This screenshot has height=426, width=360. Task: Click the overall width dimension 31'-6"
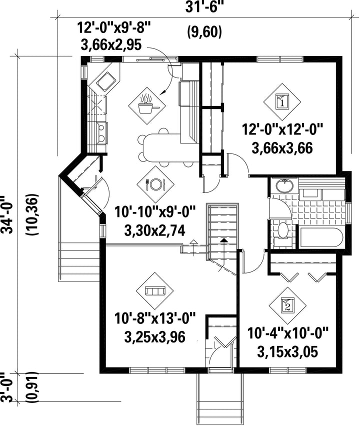(206, 7)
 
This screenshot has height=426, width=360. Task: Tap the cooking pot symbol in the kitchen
(146, 105)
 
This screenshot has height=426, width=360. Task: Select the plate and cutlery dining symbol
(155, 184)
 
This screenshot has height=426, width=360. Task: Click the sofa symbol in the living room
(155, 291)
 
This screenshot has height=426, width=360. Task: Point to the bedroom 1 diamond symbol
(282, 102)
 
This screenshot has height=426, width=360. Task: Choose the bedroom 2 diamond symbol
(287, 305)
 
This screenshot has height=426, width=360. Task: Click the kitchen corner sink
(107, 81)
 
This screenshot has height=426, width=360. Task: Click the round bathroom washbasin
(284, 186)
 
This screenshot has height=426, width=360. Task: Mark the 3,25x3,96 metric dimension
(155, 336)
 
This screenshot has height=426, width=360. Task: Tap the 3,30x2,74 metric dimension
(155, 230)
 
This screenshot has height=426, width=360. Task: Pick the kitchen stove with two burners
(101, 133)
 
